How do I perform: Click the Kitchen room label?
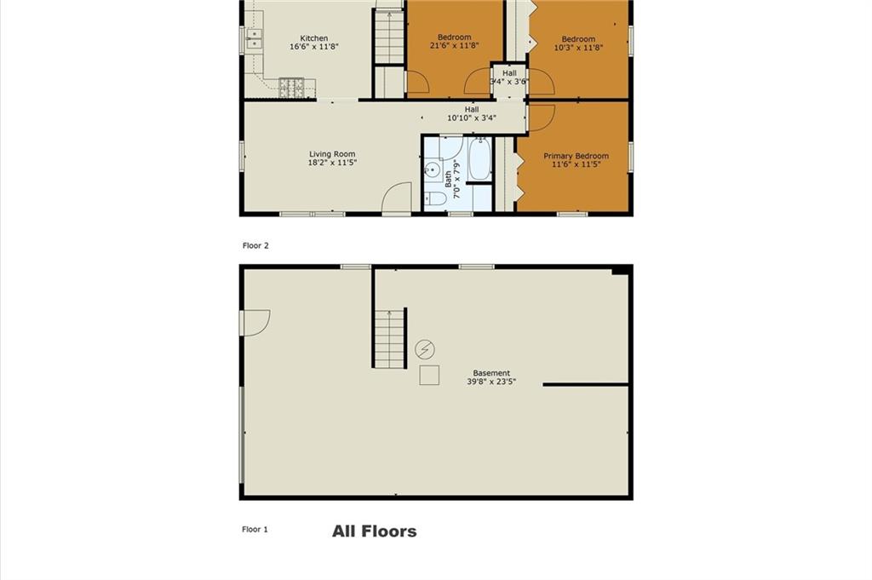[313, 38]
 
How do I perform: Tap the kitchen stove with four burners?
[291, 88]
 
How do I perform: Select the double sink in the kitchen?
[254, 38]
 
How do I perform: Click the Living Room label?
[332, 154]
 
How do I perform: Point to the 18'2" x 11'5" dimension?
[332, 163]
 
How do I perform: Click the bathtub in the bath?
[479, 158]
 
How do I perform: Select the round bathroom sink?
[432, 169]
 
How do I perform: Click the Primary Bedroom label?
[576, 156]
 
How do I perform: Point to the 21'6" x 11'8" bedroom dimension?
[455, 46]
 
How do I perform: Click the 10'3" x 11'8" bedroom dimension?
[578, 47]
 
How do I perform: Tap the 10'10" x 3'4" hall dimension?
[472, 118]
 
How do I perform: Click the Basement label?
[491, 373]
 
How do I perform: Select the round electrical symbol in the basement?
[425, 349]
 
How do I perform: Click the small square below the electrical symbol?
[429, 376]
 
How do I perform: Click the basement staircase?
[390, 339]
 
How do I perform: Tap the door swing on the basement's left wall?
[256, 323]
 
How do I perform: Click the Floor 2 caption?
[255, 245]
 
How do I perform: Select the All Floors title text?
[375, 531]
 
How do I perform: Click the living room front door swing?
[397, 198]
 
